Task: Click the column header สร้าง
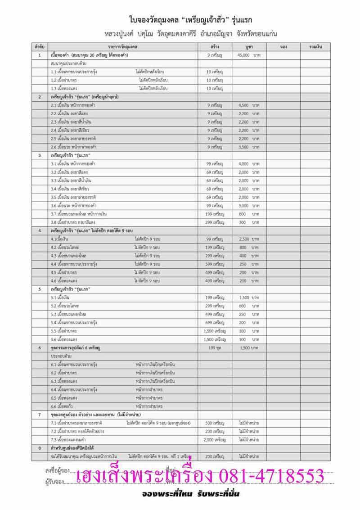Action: point(215,47)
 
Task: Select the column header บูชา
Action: point(248,47)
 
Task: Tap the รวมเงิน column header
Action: point(314,47)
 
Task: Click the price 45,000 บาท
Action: point(249,55)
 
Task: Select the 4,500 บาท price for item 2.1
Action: point(249,105)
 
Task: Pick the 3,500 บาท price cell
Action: point(249,147)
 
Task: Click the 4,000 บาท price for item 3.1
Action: point(249,163)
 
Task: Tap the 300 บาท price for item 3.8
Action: point(249,222)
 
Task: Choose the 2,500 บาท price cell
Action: point(249,239)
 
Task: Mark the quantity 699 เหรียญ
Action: point(215,323)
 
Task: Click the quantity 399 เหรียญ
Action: point(215,264)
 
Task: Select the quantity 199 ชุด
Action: point(215,348)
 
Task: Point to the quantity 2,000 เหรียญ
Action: point(214,439)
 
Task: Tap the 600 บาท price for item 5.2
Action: point(249,306)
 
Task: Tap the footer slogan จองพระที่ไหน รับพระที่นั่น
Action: point(189,494)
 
